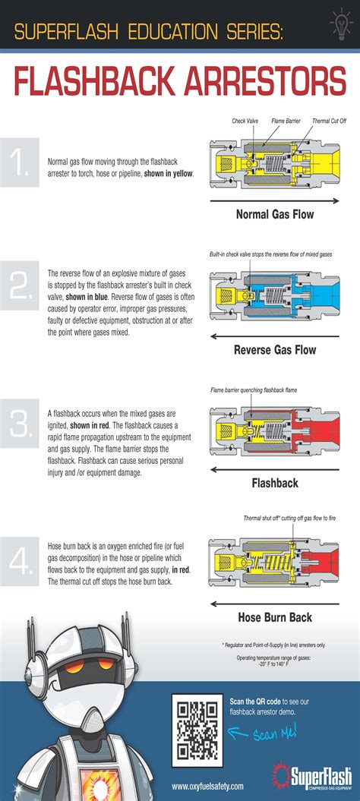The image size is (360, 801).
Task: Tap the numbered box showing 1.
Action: [20, 162]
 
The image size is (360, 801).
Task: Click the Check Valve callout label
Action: [246, 121]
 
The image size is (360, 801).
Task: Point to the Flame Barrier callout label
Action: [286, 121]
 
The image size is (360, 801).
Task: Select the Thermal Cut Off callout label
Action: [330, 121]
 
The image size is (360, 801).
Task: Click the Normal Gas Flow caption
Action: [274, 214]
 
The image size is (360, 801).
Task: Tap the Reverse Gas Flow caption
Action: [274, 350]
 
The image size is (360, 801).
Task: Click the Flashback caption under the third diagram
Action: [274, 483]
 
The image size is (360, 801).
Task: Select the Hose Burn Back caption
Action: [274, 617]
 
